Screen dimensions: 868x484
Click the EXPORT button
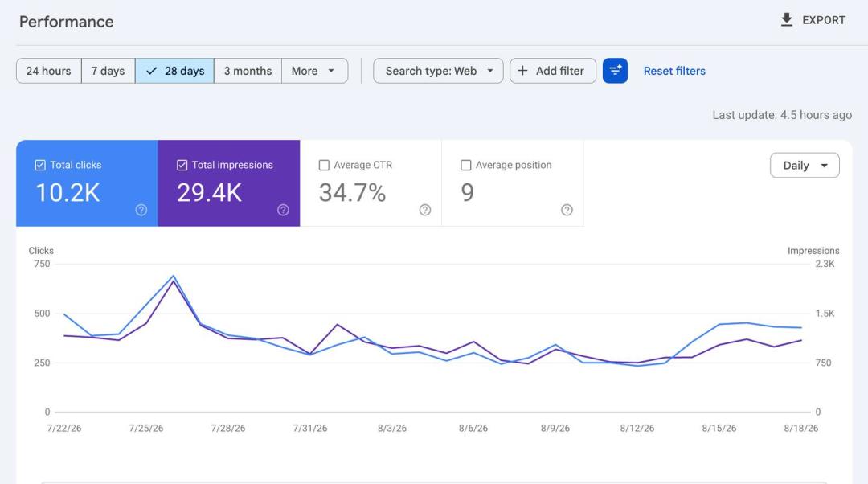(813, 20)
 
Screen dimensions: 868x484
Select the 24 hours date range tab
(49, 71)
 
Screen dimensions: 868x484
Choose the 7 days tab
(108, 71)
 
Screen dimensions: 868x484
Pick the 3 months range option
(248, 71)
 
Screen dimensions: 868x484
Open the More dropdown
(314, 71)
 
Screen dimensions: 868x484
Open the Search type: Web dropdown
(439, 71)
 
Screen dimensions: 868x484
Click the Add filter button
(552, 71)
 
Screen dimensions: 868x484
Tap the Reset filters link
(674, 71)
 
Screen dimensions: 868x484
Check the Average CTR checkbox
(325, 165)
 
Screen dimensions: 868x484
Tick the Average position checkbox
(466, 165)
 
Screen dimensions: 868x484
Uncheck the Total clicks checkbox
(40, 165)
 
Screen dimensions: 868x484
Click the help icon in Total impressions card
(283, 210)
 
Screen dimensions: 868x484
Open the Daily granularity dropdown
(805, 166)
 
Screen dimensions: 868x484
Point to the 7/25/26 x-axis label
(146, 428)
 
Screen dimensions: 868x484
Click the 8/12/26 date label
(637, 428)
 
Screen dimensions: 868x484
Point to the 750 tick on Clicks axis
(42, 264)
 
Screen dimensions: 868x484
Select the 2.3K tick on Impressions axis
(825, 264)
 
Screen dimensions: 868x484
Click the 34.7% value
(352, 193)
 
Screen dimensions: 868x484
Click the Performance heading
(67, 22)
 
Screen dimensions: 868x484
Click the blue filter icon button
(615, 71)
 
